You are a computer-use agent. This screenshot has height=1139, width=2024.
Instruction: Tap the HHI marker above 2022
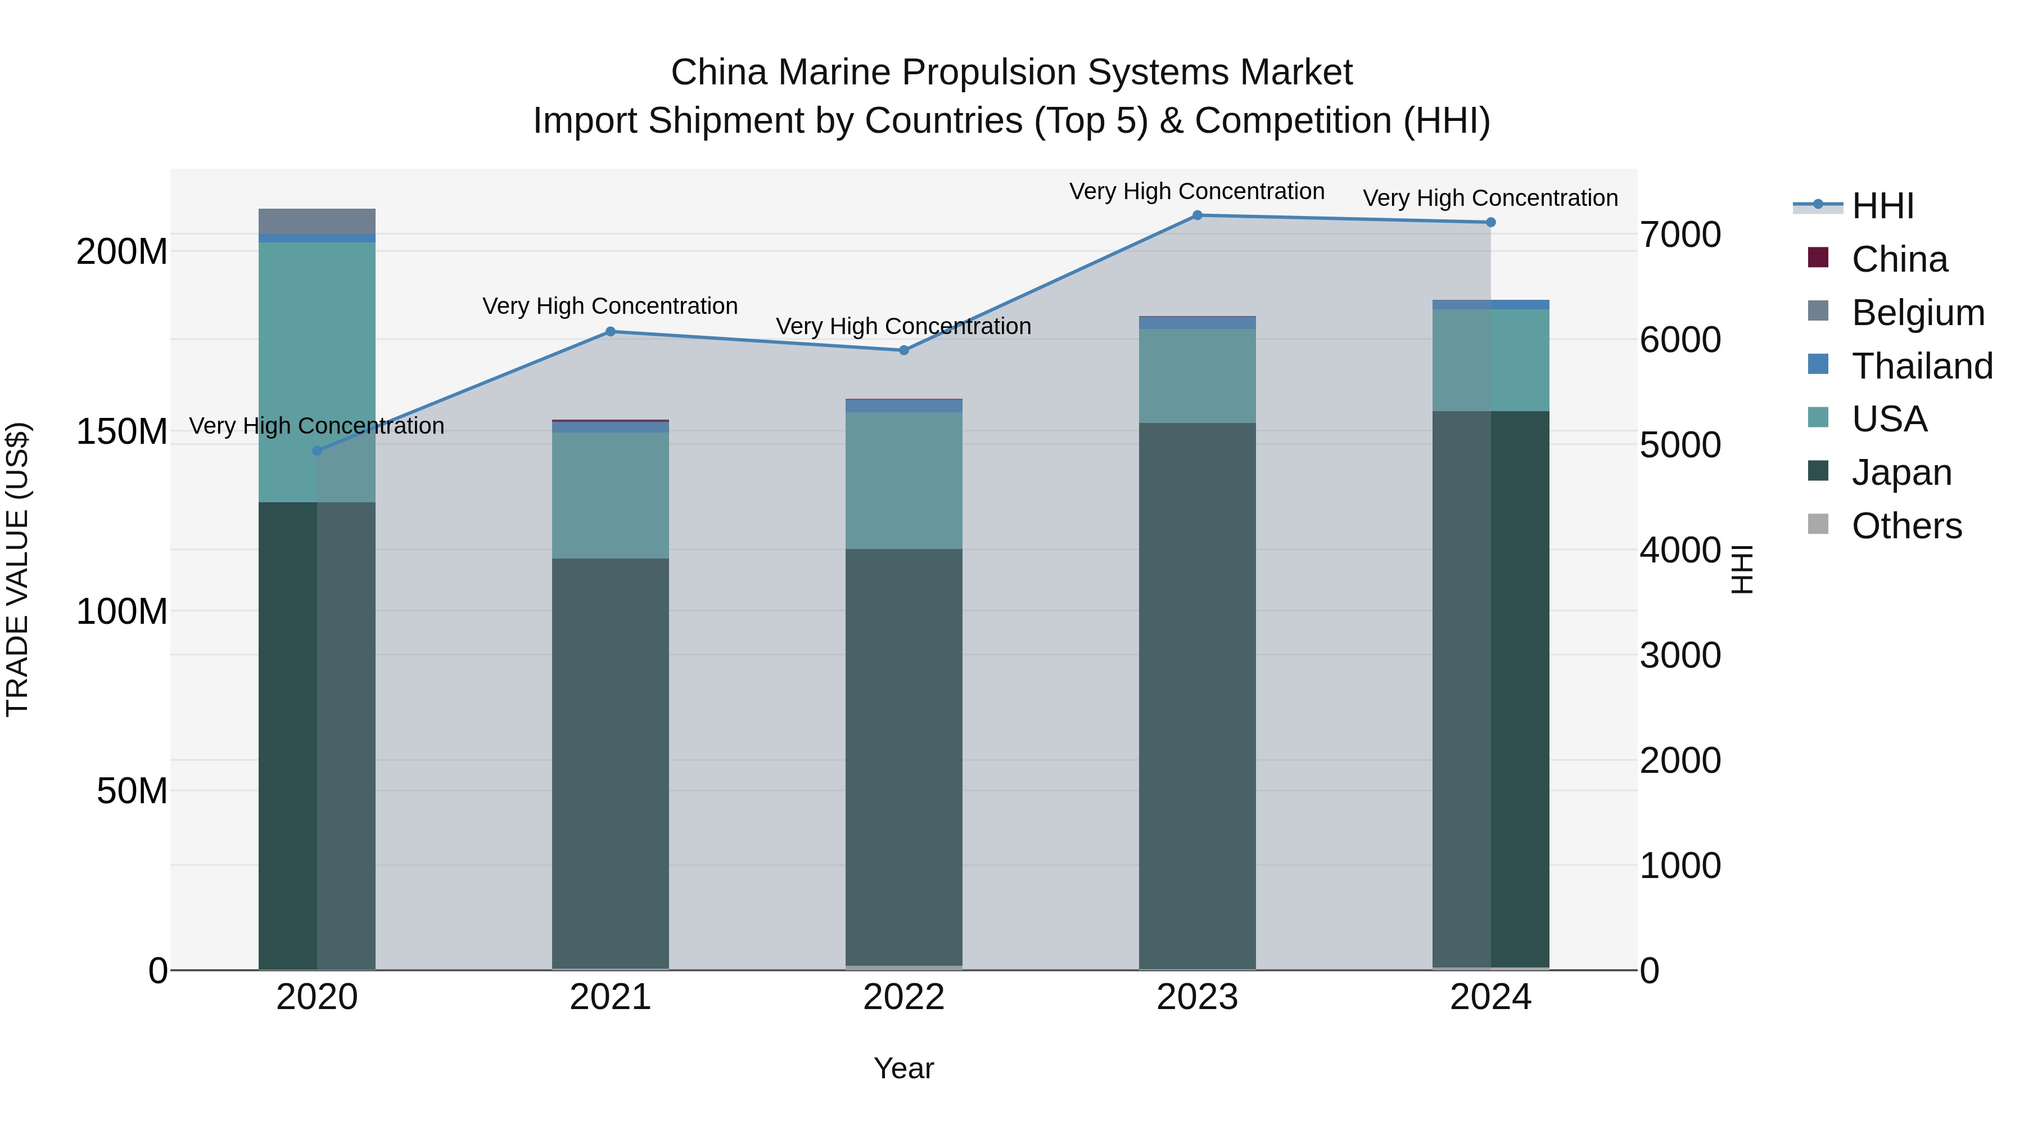903,350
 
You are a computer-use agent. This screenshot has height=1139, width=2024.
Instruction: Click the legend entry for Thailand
1921,366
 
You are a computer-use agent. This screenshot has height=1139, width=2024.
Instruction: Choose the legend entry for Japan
1901,472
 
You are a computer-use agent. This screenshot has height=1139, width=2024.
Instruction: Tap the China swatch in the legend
1818,258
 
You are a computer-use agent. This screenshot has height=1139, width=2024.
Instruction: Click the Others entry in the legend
1906,526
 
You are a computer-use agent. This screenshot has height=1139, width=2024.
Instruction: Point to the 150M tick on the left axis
122,431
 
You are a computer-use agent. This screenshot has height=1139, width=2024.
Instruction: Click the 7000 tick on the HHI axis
1680,235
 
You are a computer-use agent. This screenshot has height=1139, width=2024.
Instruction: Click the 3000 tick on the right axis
1680,656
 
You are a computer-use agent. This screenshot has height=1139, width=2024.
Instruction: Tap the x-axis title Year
903,1068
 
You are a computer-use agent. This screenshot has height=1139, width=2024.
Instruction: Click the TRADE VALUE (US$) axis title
17,569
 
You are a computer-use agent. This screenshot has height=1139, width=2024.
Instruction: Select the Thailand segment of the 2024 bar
1490,304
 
